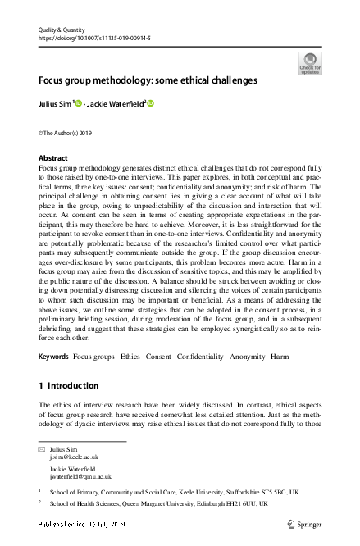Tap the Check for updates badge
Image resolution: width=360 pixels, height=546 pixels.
310,63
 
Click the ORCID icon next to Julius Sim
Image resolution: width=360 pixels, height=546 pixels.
80,103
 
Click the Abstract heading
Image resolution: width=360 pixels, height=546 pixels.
54,157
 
